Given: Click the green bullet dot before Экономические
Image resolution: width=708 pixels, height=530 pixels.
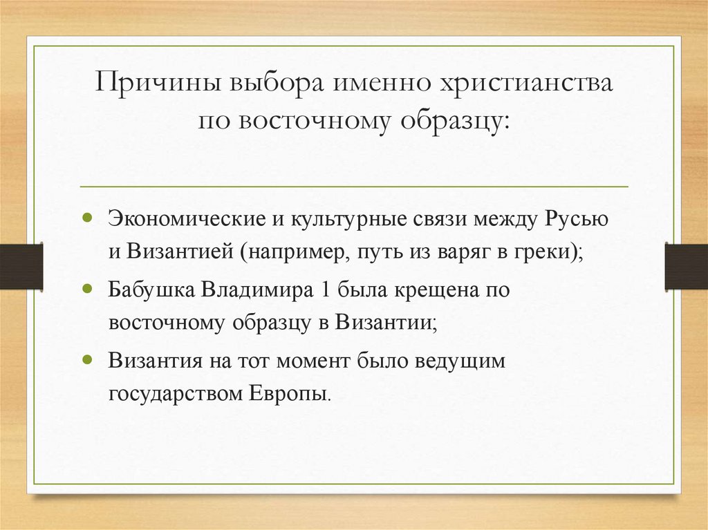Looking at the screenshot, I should (87, 217).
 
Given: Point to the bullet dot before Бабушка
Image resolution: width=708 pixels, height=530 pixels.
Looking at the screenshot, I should (87, 287).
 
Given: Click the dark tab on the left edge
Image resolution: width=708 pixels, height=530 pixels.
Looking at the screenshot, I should (21, 266).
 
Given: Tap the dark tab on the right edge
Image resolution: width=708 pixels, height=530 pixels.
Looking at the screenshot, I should (687, 266).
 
